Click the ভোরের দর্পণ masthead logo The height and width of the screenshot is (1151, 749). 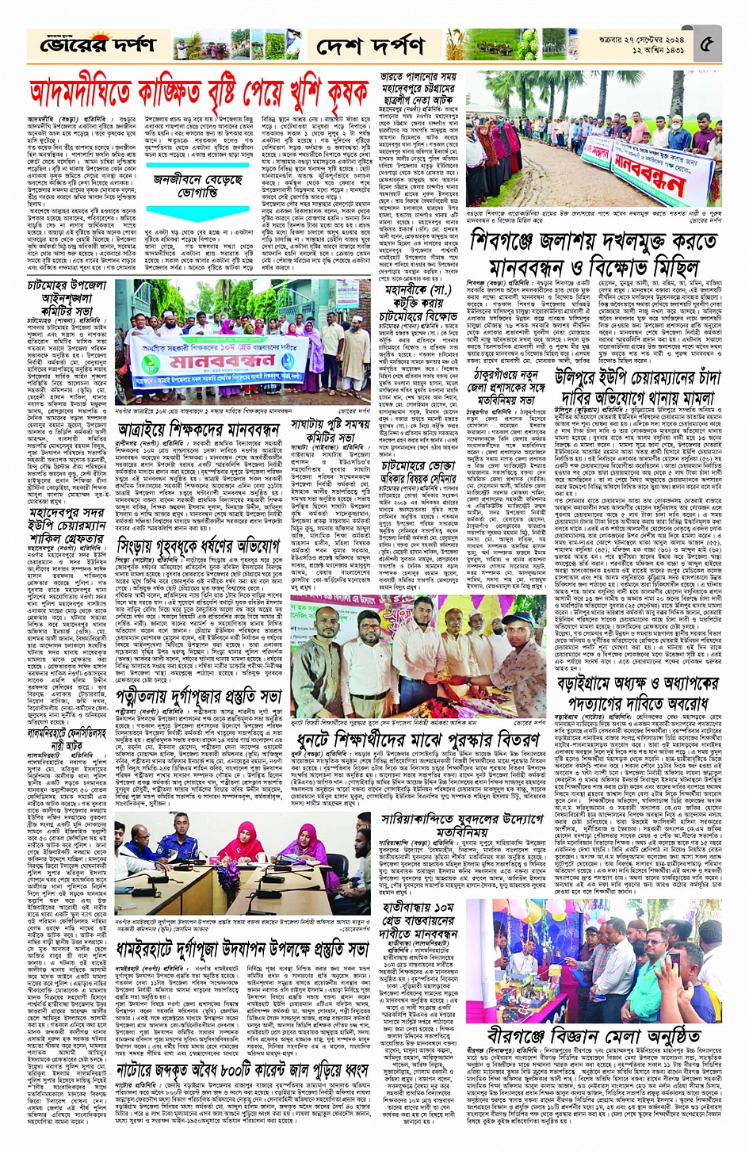(87, 46)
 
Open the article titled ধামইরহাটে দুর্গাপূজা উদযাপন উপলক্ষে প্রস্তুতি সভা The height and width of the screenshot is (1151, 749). (243, 948)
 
